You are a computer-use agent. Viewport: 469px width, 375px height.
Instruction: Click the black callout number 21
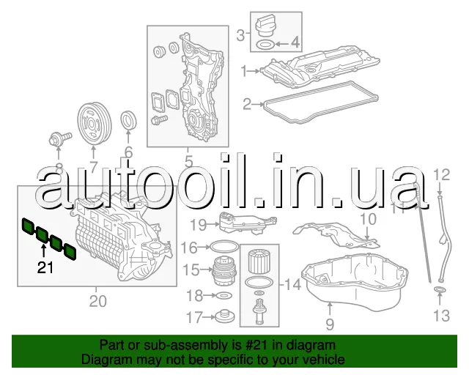(45, 267)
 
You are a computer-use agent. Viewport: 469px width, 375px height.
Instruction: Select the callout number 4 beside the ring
(295, 42)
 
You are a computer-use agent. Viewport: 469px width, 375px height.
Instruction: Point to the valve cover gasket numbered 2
(321, 102)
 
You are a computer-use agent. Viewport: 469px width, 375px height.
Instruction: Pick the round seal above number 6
(129, 121)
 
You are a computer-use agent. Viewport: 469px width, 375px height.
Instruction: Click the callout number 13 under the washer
(442, 316)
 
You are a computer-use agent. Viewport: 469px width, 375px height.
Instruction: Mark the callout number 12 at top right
(442, 174)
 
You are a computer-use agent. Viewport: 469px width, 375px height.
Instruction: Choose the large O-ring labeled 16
(224, 247)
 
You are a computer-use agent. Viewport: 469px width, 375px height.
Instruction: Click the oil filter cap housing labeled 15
(224, 270)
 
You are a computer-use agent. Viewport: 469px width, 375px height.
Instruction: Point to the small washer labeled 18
(224, 296)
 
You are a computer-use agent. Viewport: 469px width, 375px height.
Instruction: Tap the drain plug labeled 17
(225, 317)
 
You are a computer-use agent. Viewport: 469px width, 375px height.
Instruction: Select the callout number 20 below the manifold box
(97, 301)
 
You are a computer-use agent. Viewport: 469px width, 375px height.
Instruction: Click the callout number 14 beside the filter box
(292, 284)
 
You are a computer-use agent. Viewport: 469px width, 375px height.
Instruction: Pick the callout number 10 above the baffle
(368, 219)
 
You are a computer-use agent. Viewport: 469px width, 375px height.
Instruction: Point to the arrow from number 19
(213, 223)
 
